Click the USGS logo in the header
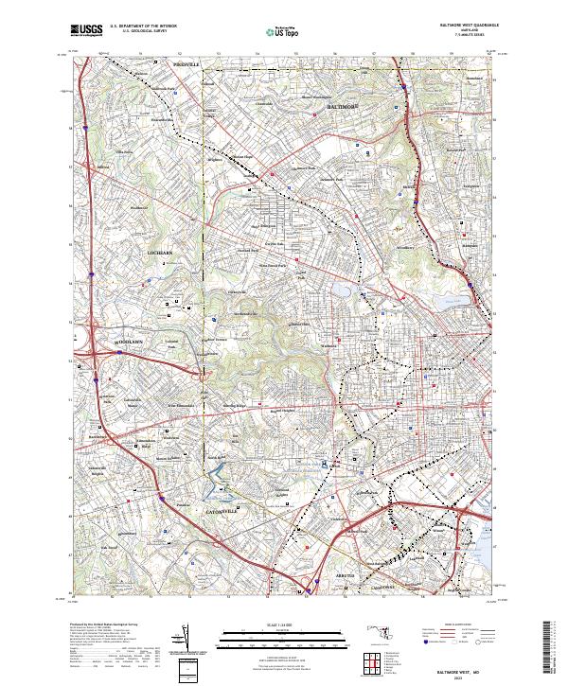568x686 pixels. point(85,30)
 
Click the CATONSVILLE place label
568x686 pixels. point(219,511)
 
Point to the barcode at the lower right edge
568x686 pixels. point(553,648)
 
